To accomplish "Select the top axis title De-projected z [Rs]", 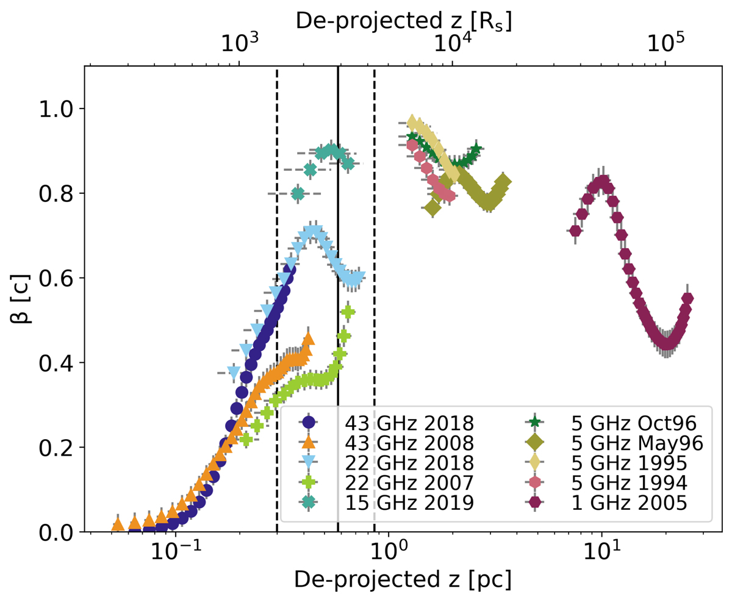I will pos(403,21).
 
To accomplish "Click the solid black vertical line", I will pos(338,183).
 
